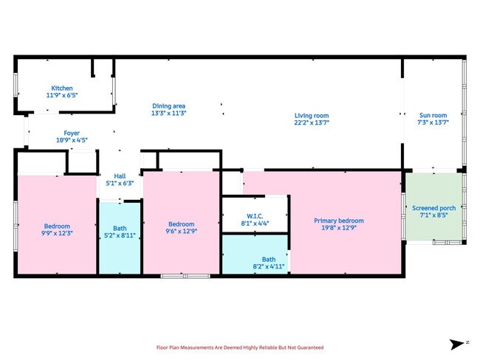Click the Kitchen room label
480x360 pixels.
click(62, 89)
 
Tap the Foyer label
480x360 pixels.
click(72, 134)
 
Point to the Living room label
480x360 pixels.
click(312, 116)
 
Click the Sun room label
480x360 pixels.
click(433, 116)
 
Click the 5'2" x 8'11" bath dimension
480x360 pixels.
click(120, 237)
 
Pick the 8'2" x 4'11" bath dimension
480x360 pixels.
click(268, 266)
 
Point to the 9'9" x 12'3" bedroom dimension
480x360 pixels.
click(57, 233)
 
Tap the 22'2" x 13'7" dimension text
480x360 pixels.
click(312, 123)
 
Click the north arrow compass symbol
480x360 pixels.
click(457, 344)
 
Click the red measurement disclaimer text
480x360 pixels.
click(239, 347)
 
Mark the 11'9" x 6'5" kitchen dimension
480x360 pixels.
click(62, 96)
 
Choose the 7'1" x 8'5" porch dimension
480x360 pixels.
click(433, 215)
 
